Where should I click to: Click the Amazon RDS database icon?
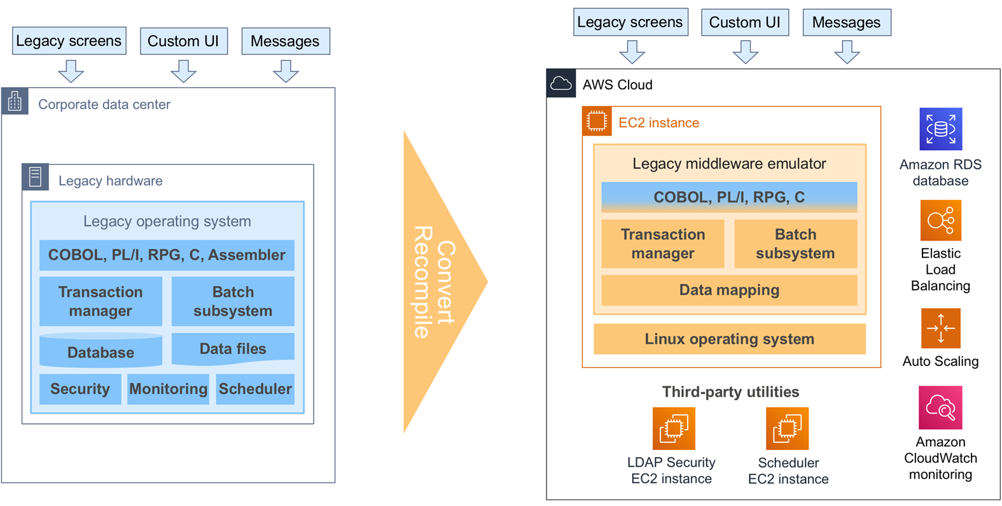[940, 129]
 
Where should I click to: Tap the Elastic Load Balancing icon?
[940, 221]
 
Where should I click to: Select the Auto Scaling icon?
[940, 328]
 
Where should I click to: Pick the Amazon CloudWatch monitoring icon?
[940, 408]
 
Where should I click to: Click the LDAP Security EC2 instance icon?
[674, 428]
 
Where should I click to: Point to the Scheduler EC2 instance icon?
[787, 428]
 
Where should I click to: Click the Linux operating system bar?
[729, 339]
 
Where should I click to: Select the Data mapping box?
[729, 290]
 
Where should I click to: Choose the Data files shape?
[233, 349]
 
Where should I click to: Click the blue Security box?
[80, 389]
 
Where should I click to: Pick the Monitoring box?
[168, 389]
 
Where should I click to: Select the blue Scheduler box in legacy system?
[255, 389]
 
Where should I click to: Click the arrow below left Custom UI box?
[183, 71]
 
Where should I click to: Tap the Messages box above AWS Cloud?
[846, 22]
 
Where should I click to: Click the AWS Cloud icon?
[561, 83]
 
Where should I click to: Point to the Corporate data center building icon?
[15, 102]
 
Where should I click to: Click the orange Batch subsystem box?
[795, 244]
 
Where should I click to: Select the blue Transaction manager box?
[101, 301]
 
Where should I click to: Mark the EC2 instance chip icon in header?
[597, 121]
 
